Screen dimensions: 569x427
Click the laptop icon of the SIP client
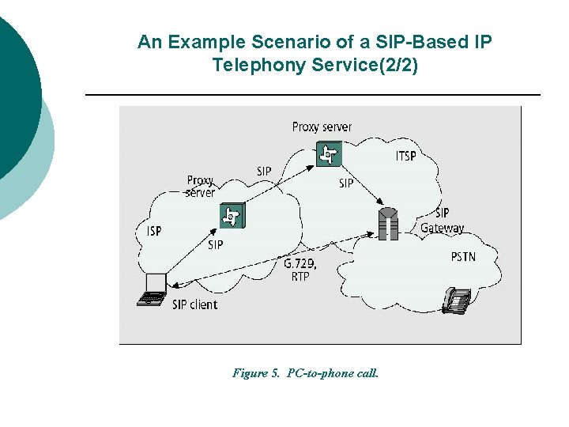click(x=153, y=289)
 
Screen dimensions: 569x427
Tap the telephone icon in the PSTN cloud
click(x=457, y=300)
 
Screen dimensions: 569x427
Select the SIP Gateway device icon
click(x=387, y=223)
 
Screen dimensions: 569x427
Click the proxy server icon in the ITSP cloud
click(x=327, y=153)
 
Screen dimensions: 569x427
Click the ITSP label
click(x=405, y=157)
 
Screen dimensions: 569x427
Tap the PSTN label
click(x=463, y=256)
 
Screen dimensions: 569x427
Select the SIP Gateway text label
click(x=443, y=221)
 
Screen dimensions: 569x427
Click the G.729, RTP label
click(x=300, y=270)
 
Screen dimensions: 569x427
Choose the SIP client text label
click(x=194, y=304)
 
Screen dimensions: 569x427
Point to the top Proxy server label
click(x=322, y=127)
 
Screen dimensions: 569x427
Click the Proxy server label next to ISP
click(x=201, y=186)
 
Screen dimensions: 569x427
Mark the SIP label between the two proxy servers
click(x=264, y=172)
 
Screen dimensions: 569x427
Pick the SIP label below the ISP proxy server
click(x=215, y=245)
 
